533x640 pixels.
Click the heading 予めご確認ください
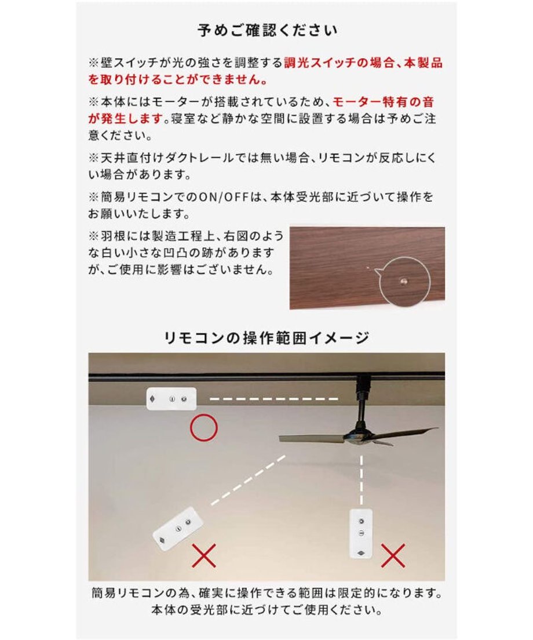point(267,30)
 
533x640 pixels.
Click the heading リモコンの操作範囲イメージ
point(266,338)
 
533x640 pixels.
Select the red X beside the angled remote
point(204,555)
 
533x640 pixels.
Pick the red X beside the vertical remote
point(393,555)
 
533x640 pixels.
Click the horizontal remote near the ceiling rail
point(171,399)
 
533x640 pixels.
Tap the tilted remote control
point(178,529)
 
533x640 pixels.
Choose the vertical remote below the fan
point(362,533)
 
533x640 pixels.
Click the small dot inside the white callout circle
point(404,281)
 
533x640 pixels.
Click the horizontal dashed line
point(274,399)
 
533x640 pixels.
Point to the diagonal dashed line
point(248,481)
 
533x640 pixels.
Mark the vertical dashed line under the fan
point(362,480)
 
